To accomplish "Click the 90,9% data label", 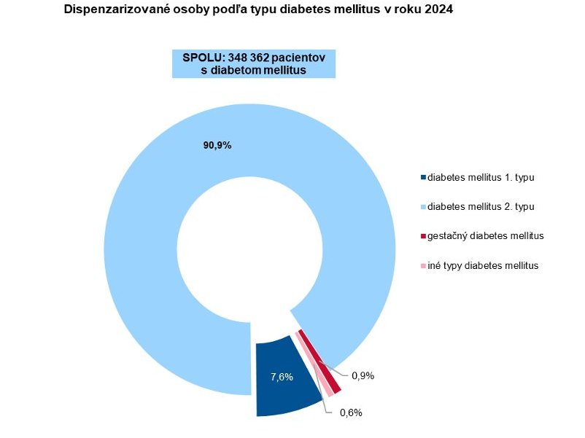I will (x=217, y=145).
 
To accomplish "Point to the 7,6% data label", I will (x=282, y=377).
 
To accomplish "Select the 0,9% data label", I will (x=363, y=376).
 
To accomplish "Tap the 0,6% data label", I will (x=351, y=412).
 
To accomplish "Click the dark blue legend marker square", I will (x=423, y=177).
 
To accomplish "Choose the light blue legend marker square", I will (x=423, y=207).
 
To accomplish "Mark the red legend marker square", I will (x=423, y=236).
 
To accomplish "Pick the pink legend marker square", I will (x=423, y=266).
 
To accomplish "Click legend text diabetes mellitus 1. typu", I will (x=481, y=177).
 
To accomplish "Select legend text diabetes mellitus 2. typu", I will (x=481, y=207).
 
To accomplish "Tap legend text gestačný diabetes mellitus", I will (x=486, y=236).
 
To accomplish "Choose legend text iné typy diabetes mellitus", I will (x=483, y=266).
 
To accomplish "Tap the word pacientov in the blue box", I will (x=304, y=57).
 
